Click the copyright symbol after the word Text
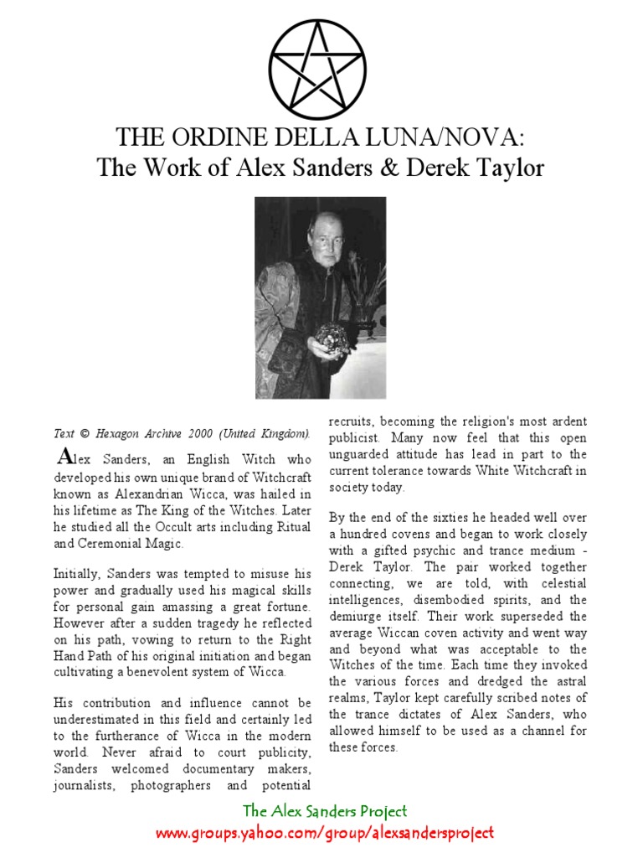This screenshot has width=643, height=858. pos(83,433)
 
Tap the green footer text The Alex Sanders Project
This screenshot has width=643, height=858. pos(325,811)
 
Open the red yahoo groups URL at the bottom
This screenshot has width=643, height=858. pos(325,833)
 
